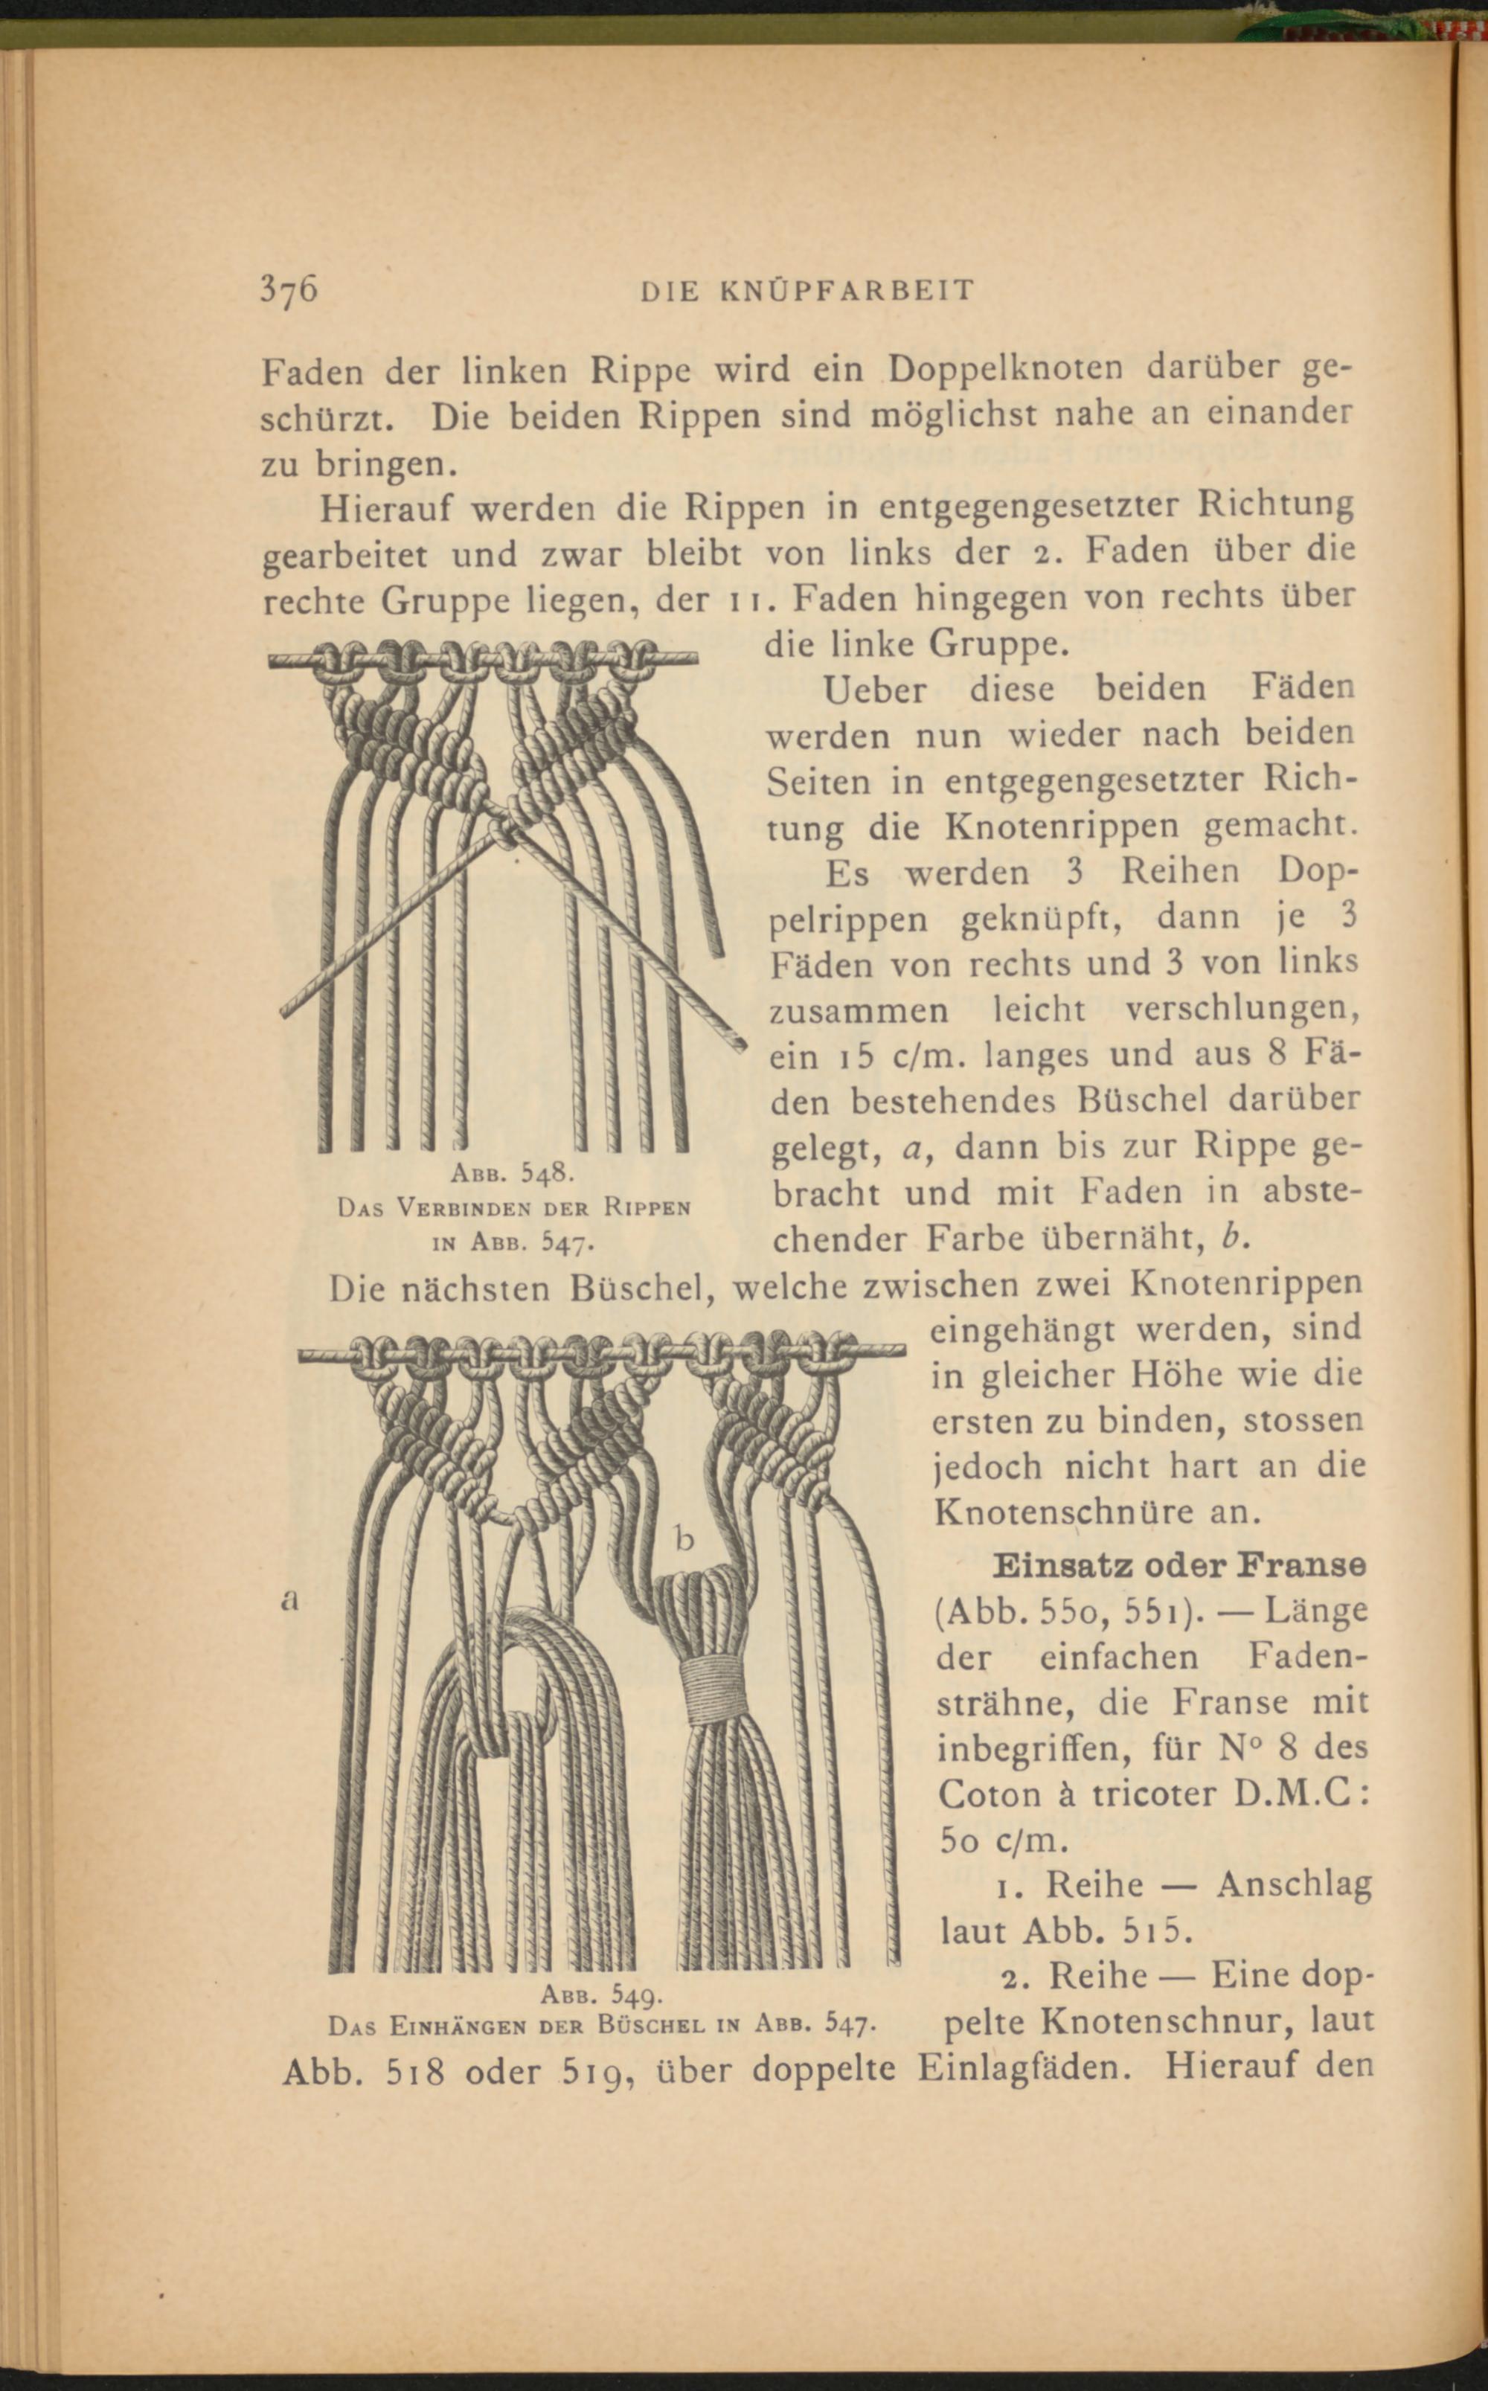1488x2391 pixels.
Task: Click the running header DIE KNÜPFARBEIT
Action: point(807,291)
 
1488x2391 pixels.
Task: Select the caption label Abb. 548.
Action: point(519,1173)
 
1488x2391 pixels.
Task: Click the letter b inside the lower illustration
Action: point(685,1538)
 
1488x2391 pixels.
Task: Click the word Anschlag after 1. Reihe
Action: point(1293,1884)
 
